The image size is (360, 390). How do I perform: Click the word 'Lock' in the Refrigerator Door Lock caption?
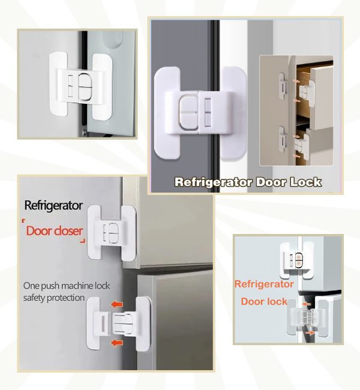[304, 182]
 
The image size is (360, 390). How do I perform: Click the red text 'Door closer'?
[55, 231]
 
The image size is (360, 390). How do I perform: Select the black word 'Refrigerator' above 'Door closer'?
[53, 206]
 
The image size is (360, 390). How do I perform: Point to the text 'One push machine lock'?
[67, 286]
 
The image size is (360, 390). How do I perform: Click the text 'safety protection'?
[54, 298]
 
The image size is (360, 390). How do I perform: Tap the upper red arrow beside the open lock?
[118, 305]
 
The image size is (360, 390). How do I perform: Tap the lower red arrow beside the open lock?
[118, 343]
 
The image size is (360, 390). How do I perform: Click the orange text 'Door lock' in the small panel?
[264, 301]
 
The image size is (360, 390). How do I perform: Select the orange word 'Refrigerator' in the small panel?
[264, 284]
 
